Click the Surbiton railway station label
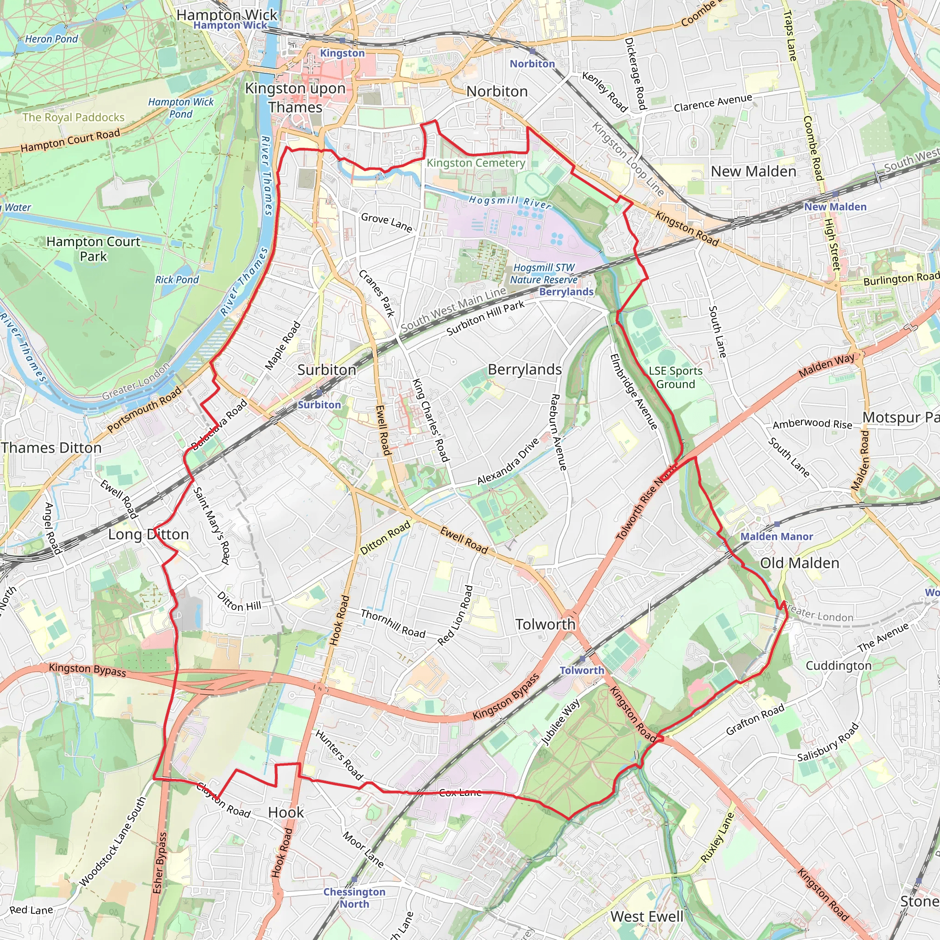[x=319, y=405]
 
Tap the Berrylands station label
[x=566, y=291]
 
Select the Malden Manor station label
[x=777, y=537]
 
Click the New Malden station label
[x=835, y=207]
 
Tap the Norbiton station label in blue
[x=532, y=64]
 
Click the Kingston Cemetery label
[x=476, y=163]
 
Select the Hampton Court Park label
[x=94, y=249]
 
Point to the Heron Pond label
[x=51, y=39]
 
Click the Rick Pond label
[x=177, y=280]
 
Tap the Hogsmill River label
[x=509, y=201]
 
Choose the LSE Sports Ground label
[x=675, y=378]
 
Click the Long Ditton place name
[x=148, y=534]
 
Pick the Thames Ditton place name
[x=51, y=448]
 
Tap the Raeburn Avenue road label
[x=558, y=432]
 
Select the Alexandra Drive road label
[x=508, y=461]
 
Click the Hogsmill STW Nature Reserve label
[x=543, y=274]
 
